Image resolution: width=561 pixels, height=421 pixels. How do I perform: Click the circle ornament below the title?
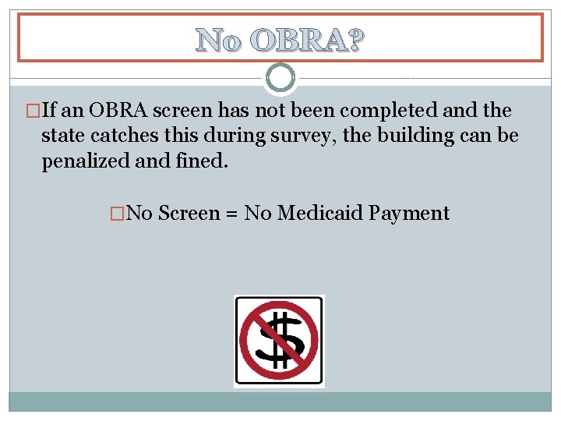(x=280, y=77)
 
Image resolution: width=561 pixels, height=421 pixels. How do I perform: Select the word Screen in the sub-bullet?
(x=189, y=213)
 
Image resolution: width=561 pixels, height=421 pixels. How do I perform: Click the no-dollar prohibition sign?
(x=279, y=341)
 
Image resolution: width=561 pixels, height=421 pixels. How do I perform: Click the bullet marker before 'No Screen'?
(x=118, y=213)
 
